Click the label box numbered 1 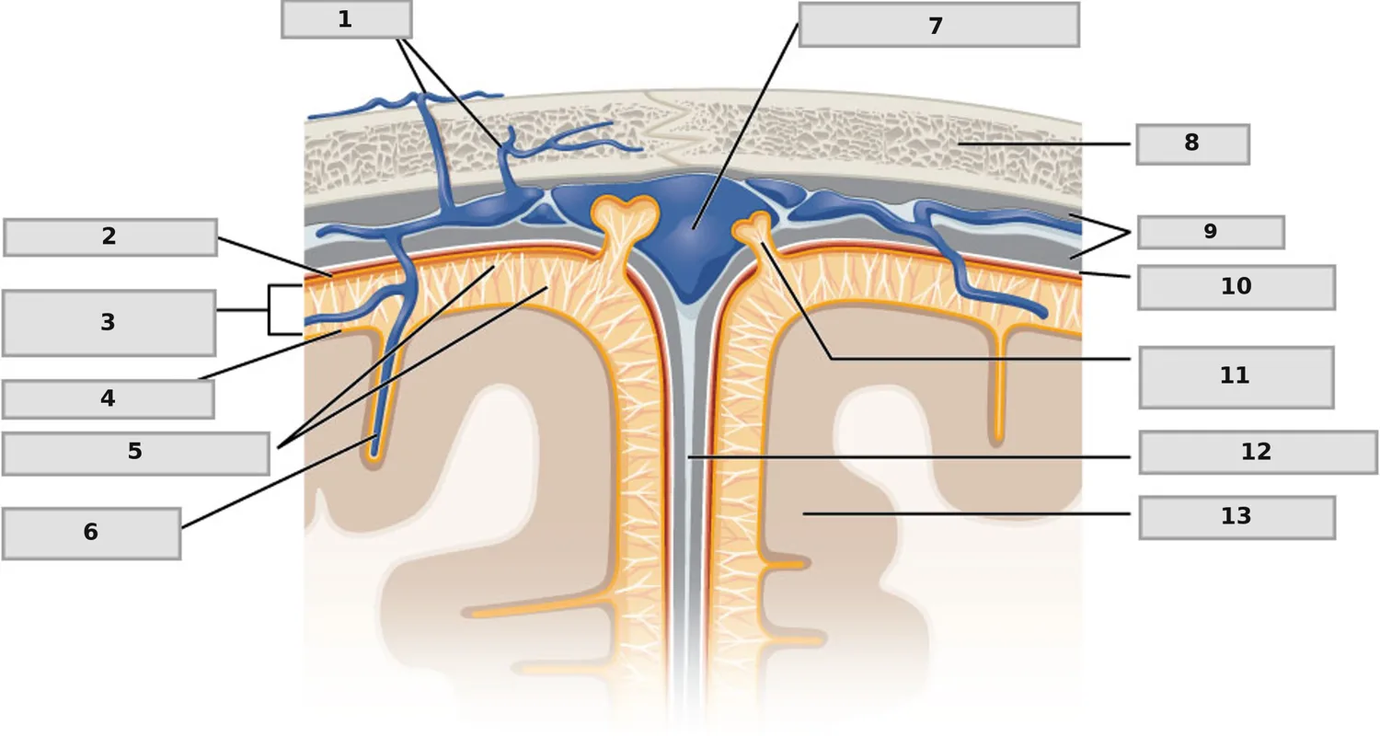click(x=347, y=19)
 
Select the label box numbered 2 click(x=110, y=237)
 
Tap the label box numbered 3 click(x=109, y=323)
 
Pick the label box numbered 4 click(x=109, y=399)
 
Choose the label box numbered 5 click(x=135, y=454)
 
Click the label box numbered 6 click(x=91, y=534)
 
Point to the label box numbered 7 click(x=939, y=25)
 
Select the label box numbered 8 click(x=1192, y=144)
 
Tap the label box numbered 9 click(x=1212, y=232)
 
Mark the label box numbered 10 click(x=1236, y=287)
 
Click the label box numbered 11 click(x=1236, y=377)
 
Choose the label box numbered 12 click(x=1258, y=453)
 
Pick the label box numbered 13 click(x=1237, y=518)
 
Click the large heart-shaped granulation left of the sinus click(x=624, y=223)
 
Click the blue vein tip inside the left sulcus click(x=374, y=453)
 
